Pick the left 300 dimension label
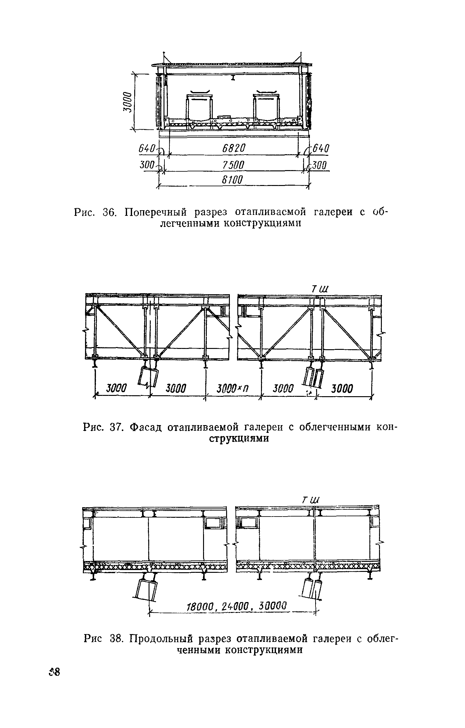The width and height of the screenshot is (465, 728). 147,165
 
